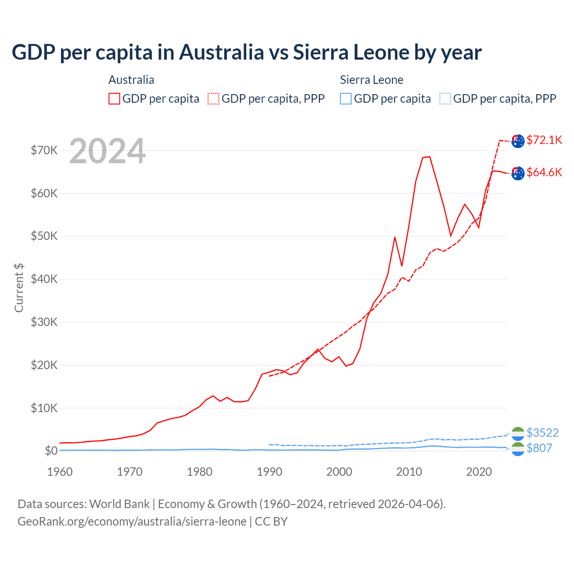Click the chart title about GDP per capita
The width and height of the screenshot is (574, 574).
pyautogui.click(x=247, y=52)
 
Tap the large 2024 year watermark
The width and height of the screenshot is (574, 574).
pyautogui.click(x=108, y=151)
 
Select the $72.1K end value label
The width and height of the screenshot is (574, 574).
pyautogui.click(x=544, y=140)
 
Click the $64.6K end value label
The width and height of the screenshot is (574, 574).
pyautogui.click(x=544, y=172)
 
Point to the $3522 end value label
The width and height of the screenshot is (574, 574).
pyautogui.click(x=542, y=433)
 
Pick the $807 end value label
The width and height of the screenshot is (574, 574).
pyautogui.click(x=539, y=448)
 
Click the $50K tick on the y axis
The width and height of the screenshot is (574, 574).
pyautogui.click(x=44, y=236)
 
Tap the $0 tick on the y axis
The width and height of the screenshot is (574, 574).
pyautogui.click(x=51, y=451)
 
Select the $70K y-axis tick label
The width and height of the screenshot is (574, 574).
pyautogui.click(x=44, y=150)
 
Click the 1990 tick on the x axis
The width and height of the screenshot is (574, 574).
pyautogui.click(x=270, y=472)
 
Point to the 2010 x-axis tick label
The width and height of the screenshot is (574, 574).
pyautogui.click(x=409, y=472)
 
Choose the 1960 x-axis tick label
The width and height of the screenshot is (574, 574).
pyautogui.click(x=60, y=472)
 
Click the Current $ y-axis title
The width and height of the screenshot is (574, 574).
pyautogui.click(x=19, y=287)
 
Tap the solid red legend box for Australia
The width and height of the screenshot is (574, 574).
pyautogui.click(x=114, y=99)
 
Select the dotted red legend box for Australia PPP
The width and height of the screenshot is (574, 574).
pyautogui.click(x=213, y=99)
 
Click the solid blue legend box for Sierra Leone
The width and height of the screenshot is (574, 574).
pyautogui.click(x=346, y=99)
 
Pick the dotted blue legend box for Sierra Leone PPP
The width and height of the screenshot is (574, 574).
pyautogui.click(x=445, y=99)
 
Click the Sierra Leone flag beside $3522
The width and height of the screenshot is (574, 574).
pyautogui.click(x=518, y=434)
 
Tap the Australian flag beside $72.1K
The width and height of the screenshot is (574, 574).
pyautogui.click(x=518, y=141)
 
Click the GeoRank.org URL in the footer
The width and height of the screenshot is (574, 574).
pyautogui.click(x=132, y=522)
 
